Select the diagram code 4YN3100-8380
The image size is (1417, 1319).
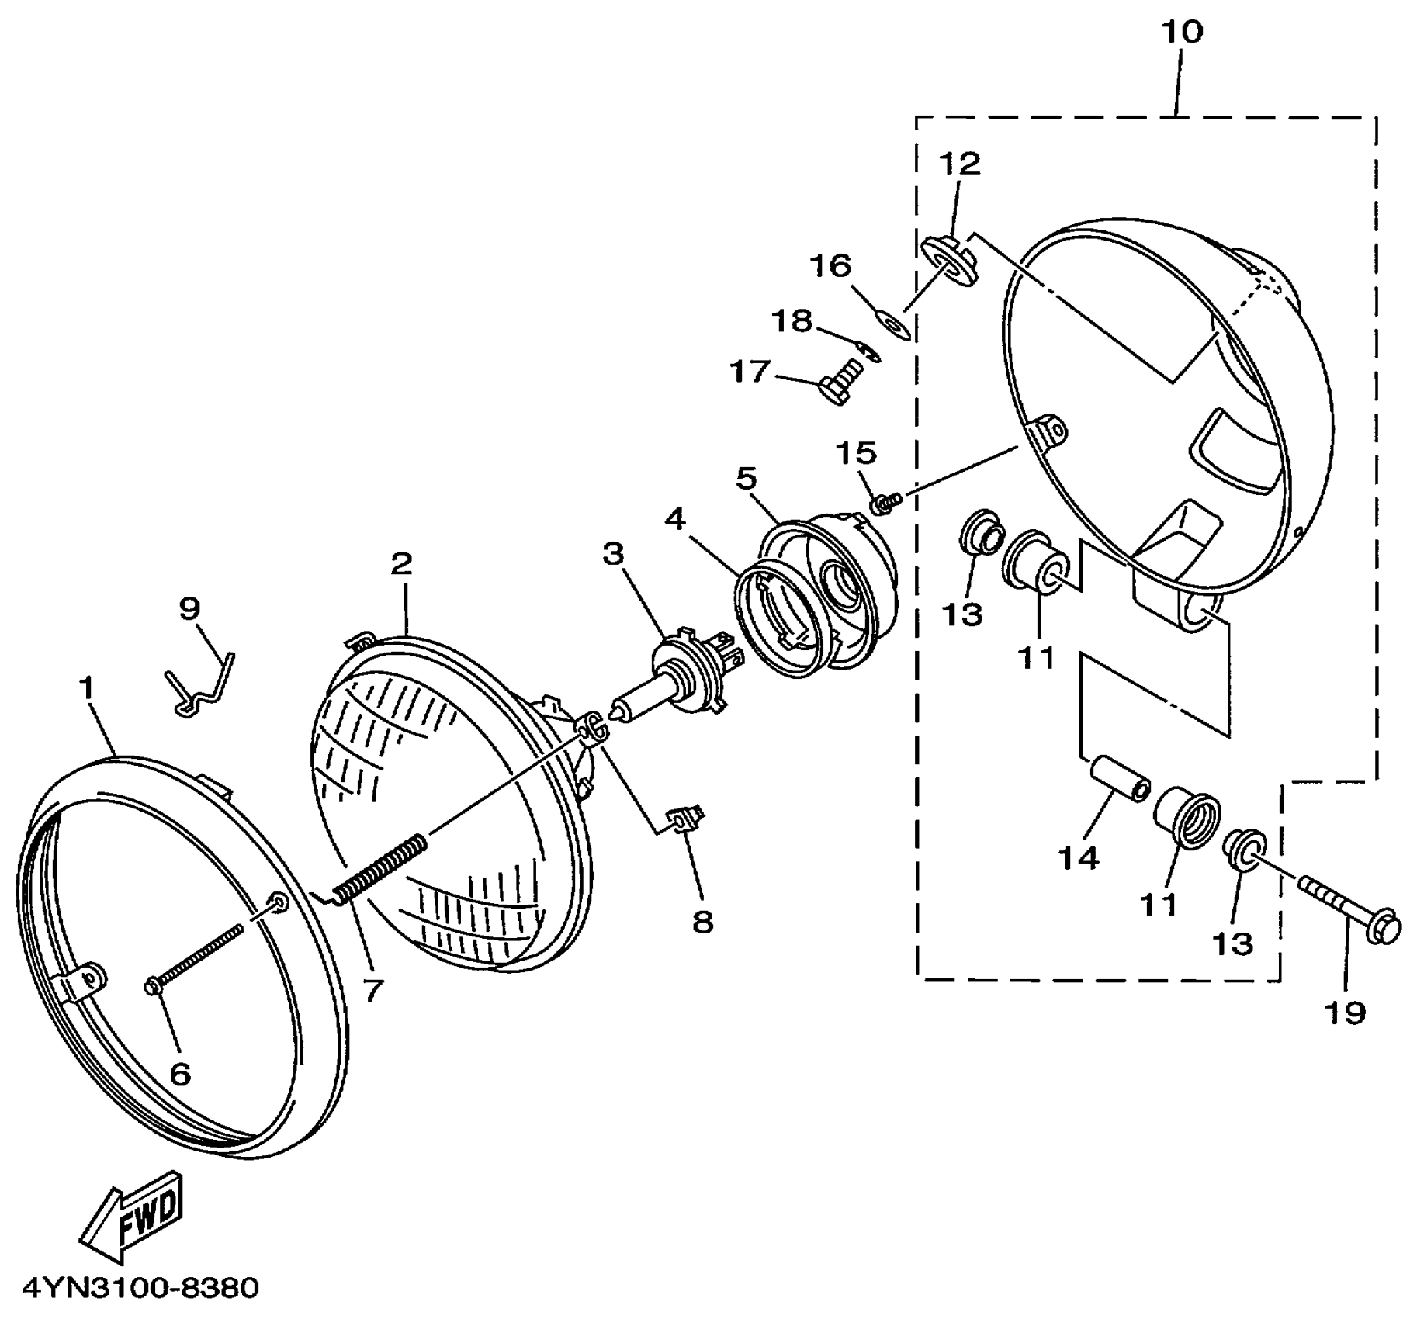tap(140, 1289)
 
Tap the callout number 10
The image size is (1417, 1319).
tap(1182, 32)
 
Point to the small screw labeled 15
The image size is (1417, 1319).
tap(885, 504)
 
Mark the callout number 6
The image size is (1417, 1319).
tap(180, 1074)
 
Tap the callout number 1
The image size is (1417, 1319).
tap(86, 687)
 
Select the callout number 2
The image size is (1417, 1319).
tap(401, 564)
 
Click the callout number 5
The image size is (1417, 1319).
tap(746, 479)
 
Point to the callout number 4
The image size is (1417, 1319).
tap(675, 519)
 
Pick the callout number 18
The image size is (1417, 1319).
tap(792, 320)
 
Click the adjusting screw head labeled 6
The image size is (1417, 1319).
tap(152, 986)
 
